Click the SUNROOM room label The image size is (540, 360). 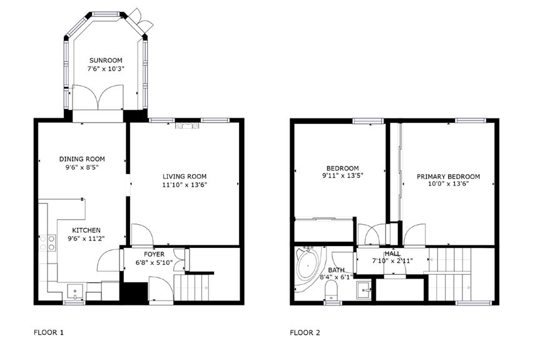pyautogui.click(x=105, y=61)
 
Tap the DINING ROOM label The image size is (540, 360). pyautogui.click(x=82, y=159)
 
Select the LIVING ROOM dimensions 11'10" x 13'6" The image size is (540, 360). pyautogui.click(x=184, y=185)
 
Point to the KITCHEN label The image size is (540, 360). pyautogui.click(x=86, y=230)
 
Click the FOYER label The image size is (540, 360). pyautogui.click(x=154, y=254)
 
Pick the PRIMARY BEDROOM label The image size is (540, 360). pyautogui.click(x=448, y=177)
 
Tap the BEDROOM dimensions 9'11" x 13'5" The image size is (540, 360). pyautogui.click(x=342, y=176)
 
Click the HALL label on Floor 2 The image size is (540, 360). pyautogui.click(x=393, y=253)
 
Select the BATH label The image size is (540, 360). pyautogui.click(x=336, y=270)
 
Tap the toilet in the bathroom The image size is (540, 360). pyautogui.click(x=332, y=290)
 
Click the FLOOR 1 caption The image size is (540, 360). pyautogui.click(x=49, y=332)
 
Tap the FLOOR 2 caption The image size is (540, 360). pyautogui.click(x=305, y=332)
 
